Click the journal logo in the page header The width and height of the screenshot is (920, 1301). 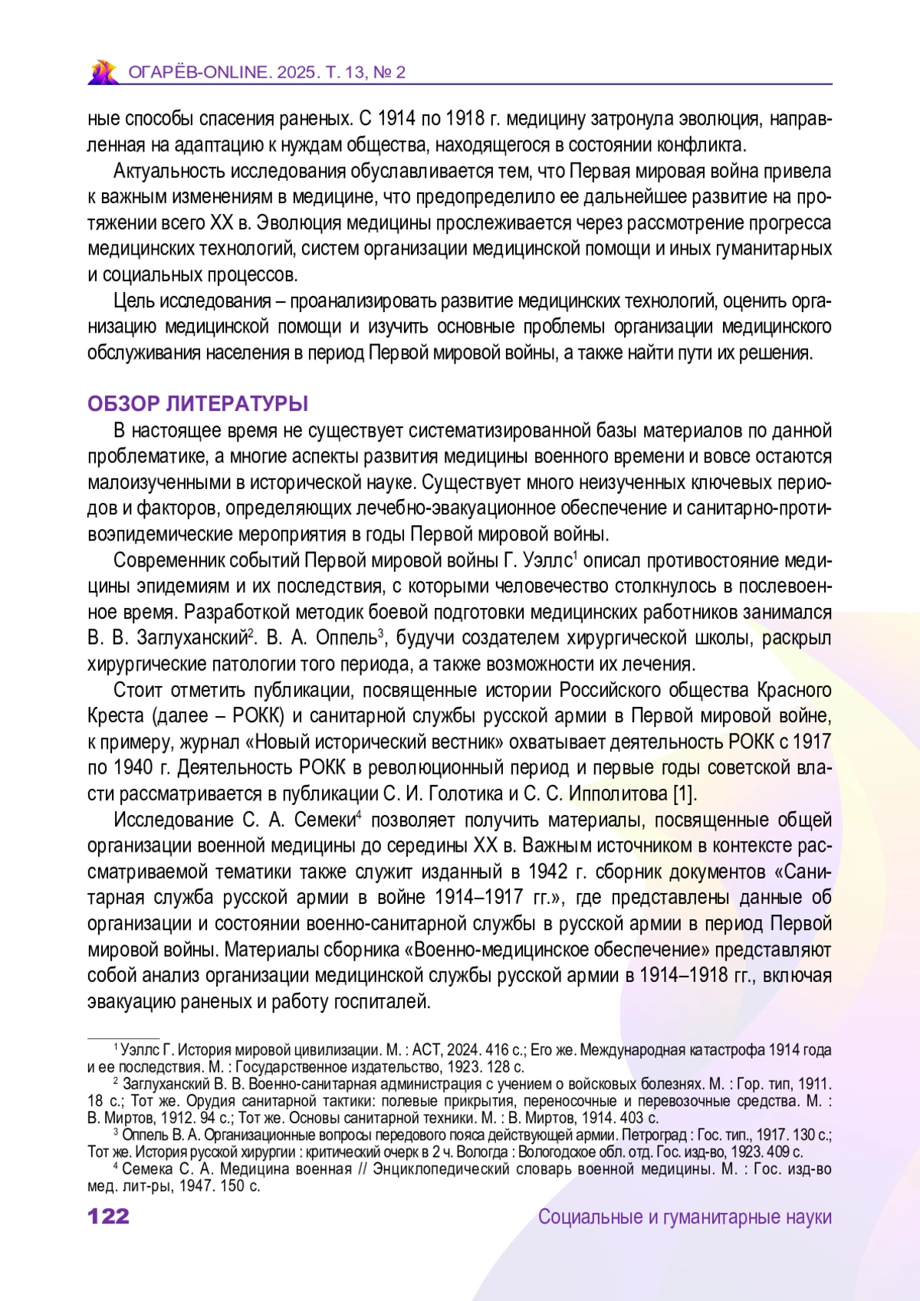pyautogui.click(x=102, y=71)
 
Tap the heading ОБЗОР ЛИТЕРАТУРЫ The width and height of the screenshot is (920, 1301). pyautogui.click(x=198, y=404)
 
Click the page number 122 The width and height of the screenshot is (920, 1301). pyautogui.click(x=108, y=1217)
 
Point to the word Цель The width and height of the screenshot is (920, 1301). pyautogui.click(x=133, y=301)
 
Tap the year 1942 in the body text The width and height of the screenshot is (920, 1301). pyautogui.click(x=547, y=872)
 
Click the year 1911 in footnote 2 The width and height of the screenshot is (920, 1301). pyautogui.click(x=813, y=1084)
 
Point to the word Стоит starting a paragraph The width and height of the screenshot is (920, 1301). pyautogui.click(x=137, y=690)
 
